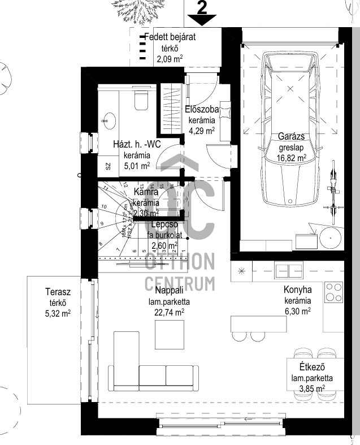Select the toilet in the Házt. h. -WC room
pyautogui.click(x=140, y=101)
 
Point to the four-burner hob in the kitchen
pyautogui.click(x=334, y=293)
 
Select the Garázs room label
pyautogui.click(x=292, y=136)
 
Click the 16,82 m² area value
pyautogui.click(x=292, y=158)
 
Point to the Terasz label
pyautogui.click(x=58, y=292)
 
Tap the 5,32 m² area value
pyautogui.click(x=58, y=312)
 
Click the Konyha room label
pyautogui.click(x=297, y=290)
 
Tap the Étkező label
pyautogui.click(x=311, y=368)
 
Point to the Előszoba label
pyautogui.click(x=201, y=110)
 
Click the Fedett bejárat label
pyautogui.click(x=170, y=37)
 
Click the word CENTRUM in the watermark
pyautogui.click(x=180, y=282)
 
